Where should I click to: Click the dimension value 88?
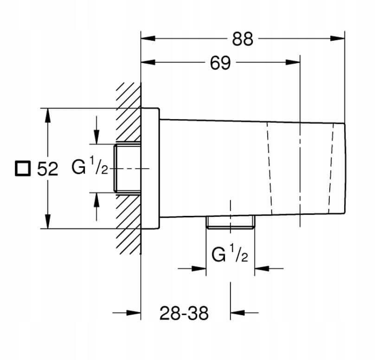click(243, 39)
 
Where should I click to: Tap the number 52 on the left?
click(48, 169)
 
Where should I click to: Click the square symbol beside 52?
click(22, 168)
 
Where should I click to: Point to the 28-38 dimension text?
click(184, 314)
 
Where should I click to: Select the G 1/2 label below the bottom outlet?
click(230, 254)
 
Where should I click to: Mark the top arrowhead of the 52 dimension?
click(47, 114)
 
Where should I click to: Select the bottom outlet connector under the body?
click(230, 222)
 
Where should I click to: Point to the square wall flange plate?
click(150, 169)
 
